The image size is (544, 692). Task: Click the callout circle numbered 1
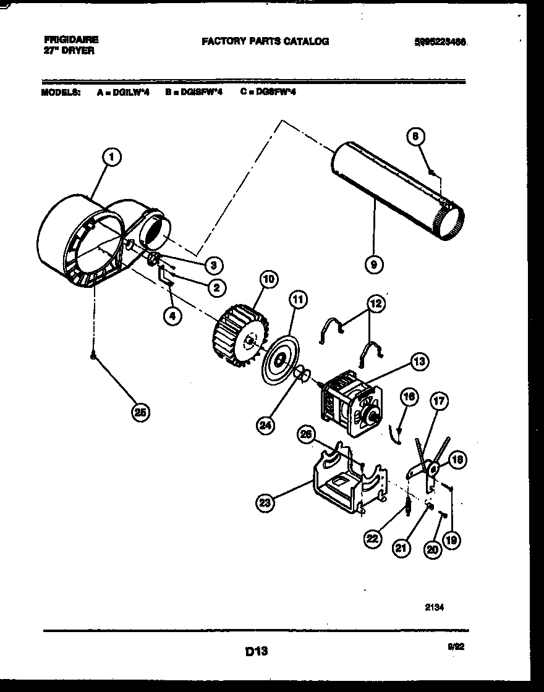[x=111, y=158]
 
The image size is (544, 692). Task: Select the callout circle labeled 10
[x=269, y=279]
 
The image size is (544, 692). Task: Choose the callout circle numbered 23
[x=265, y=504]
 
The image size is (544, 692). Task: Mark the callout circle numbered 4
[x=172, y=316]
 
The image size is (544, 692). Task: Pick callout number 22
[x=372, y=539]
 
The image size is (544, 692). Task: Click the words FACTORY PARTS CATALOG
[x=265, y=41]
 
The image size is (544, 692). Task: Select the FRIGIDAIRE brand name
[x=70, y=39]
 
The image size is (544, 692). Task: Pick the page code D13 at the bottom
[x=255, y=651]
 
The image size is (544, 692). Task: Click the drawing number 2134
[x=435, y=607]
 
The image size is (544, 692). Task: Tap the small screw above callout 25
[x=93, y=355]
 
